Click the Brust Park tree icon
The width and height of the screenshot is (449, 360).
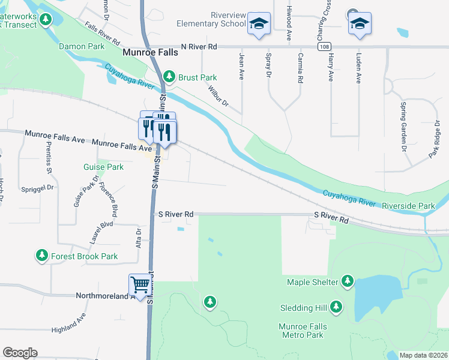tap(170, 77)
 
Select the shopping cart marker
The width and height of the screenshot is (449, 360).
tap(139, 285)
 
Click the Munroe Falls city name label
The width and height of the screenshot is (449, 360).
tap(150, 53)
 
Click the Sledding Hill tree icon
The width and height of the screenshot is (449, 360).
tap(336, 308)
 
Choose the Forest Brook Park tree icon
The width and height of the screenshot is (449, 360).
tap(42, 256)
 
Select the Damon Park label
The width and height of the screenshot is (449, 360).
tap(81, 46)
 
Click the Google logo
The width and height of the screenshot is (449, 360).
tap(20, 353)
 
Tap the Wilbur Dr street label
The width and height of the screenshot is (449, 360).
tap(218, 95)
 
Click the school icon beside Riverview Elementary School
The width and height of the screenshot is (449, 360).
tap(259, 23)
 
